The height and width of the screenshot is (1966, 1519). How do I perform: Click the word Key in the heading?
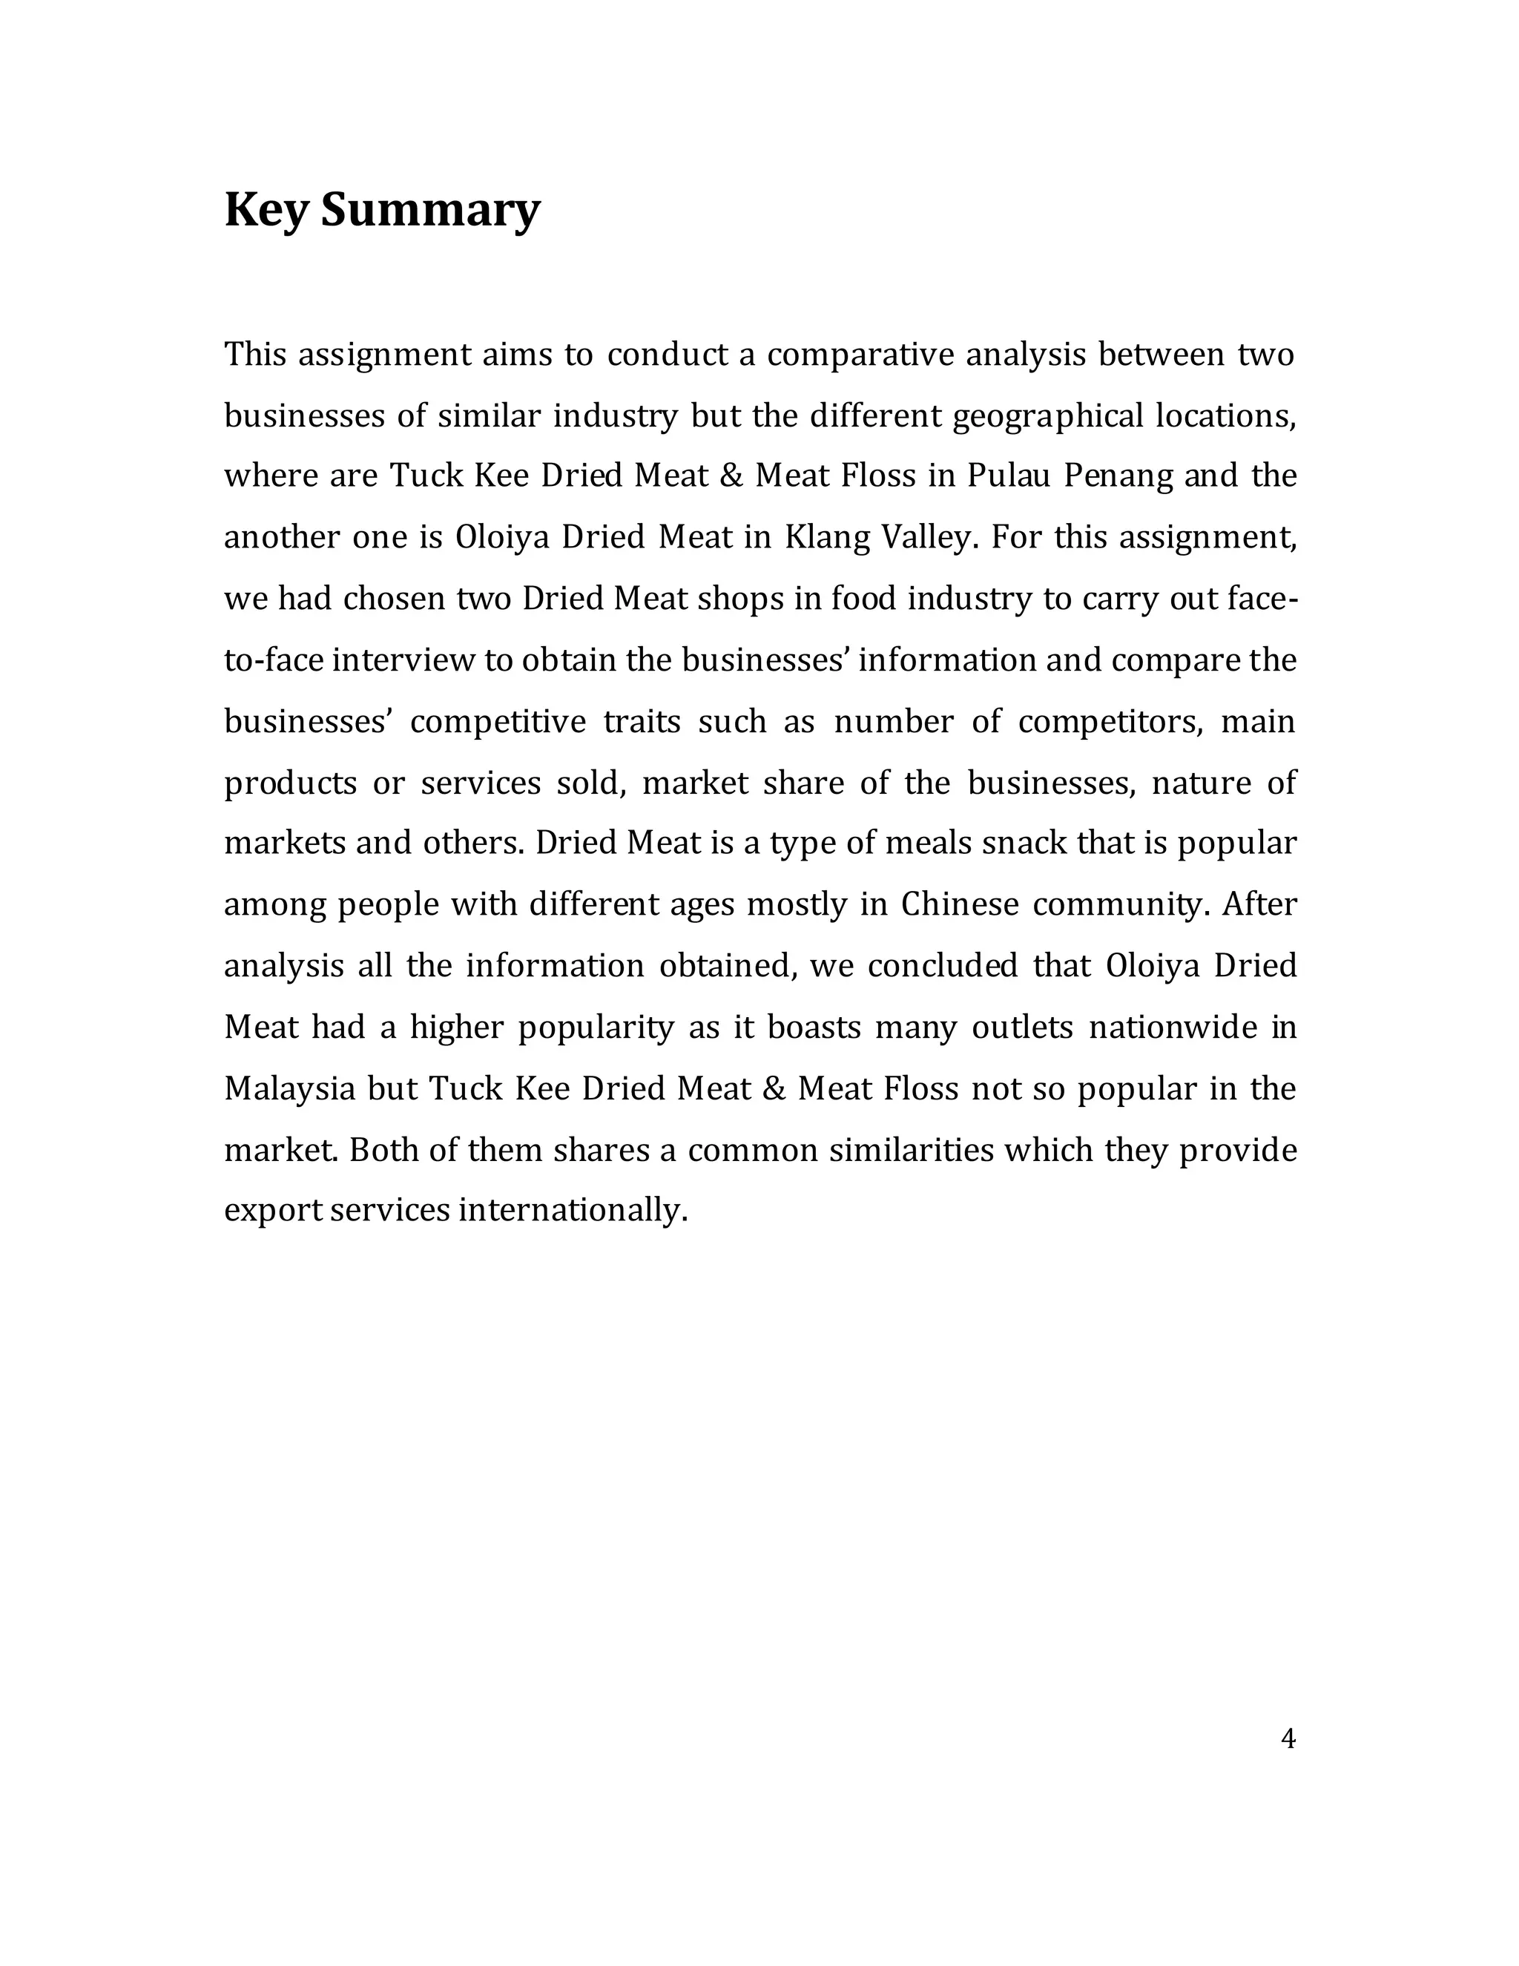tap(266, 210)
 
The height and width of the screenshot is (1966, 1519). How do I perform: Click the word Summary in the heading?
tap(430, 210)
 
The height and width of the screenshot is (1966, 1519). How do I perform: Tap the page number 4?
tap(1288, 1738)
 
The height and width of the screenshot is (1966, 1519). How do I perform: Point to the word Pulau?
tap(1009, 476)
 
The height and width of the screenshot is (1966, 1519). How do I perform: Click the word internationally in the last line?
tap(573, 1210)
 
